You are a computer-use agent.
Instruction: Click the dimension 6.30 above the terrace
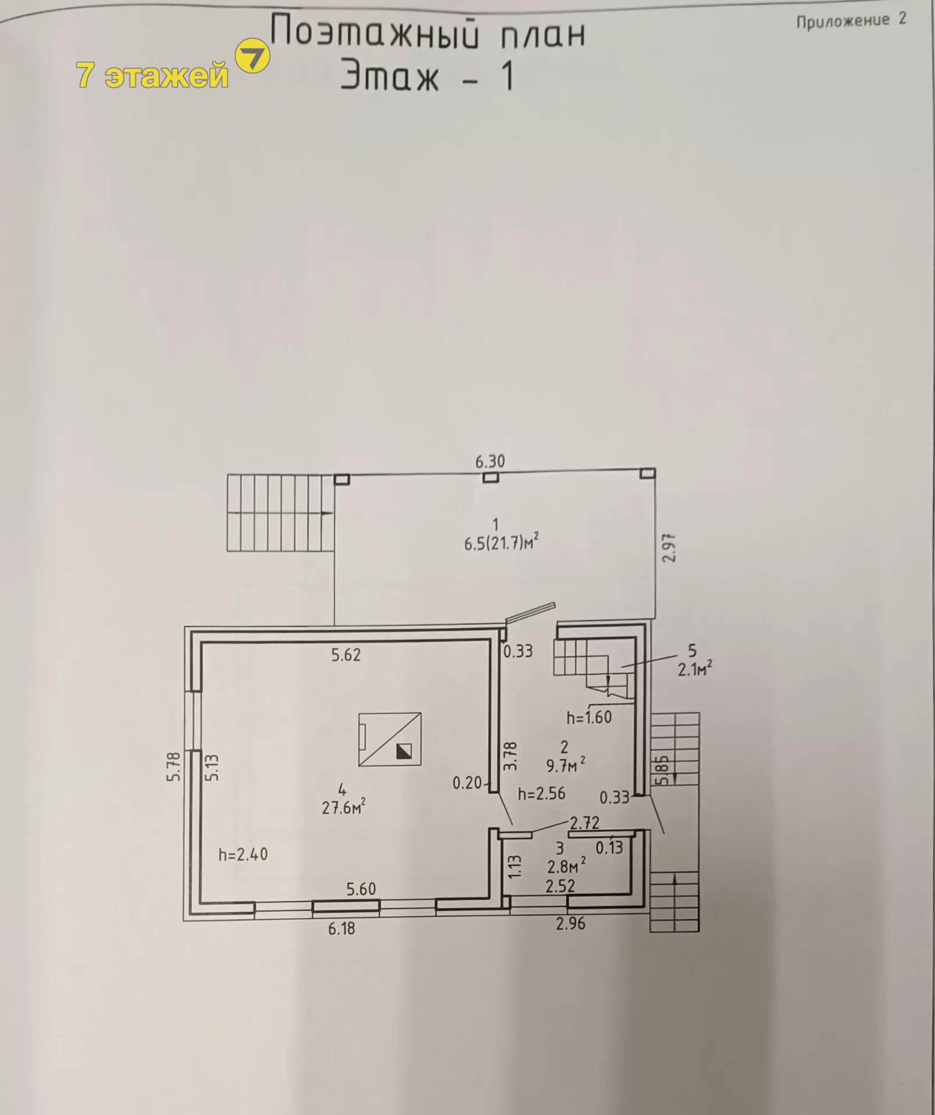490,462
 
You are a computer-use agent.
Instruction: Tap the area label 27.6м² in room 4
344,807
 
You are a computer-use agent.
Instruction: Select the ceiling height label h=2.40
243,854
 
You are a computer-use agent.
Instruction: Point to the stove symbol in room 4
390,739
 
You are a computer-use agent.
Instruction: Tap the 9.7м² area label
565,765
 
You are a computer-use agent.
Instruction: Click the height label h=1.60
589,717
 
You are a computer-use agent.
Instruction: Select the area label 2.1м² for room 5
695,669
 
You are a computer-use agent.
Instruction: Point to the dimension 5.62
346,655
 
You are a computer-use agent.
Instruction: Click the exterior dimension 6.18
341,929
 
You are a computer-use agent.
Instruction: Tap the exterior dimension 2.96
570,923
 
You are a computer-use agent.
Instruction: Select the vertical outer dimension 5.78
175,767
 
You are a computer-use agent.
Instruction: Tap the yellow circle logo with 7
252,56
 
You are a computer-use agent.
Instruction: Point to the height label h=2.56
541,793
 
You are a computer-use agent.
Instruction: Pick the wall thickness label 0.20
468,783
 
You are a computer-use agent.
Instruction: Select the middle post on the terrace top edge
491,477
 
